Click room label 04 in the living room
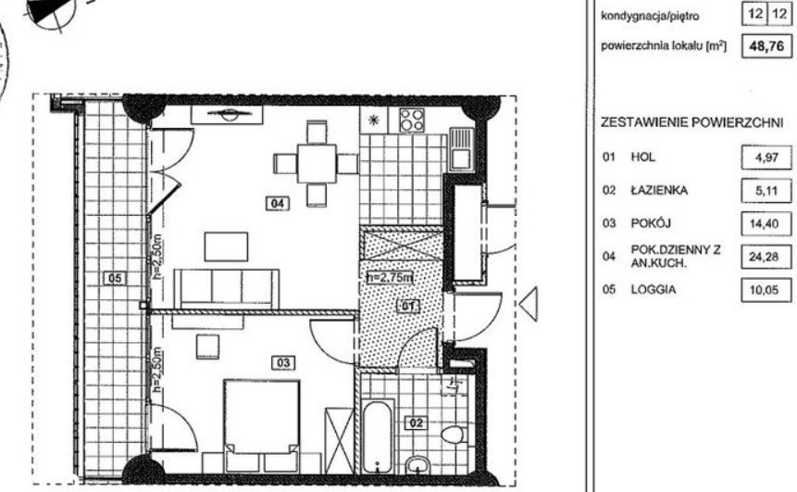coord(278,204)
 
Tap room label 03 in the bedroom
coord(283,363)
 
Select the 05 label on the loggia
coord(115,278)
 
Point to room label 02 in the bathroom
coord(416,423)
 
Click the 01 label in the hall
coord(408,307)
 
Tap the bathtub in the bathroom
coord(378,437)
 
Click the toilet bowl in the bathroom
coord(452,435)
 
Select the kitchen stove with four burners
coord(411,120)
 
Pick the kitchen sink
coord(462,149)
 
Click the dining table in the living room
coord(317,164)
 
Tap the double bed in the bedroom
coord(261,416)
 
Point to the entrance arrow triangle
coord(529,304)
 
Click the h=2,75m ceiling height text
coord(390,278)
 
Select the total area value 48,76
coord(766,46)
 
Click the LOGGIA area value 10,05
coord(764,290)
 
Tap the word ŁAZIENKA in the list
coord(659,190)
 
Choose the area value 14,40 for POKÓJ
coord(764,224)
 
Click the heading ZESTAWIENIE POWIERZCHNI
coord(691,122)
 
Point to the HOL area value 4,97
coord(766,158)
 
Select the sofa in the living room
coord(226,288)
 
